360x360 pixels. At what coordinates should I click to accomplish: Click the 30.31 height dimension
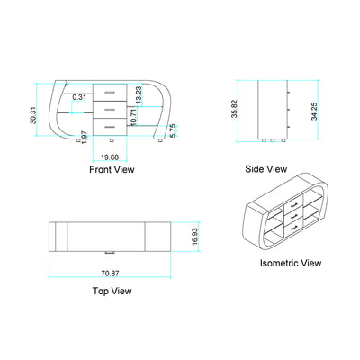click(33, 115)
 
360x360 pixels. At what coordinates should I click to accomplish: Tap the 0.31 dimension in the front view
click(79, 97)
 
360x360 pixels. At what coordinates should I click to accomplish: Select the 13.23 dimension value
click(139, 95)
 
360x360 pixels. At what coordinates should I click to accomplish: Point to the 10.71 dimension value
click(133, 117)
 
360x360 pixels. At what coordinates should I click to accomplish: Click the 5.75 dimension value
click(173, 131)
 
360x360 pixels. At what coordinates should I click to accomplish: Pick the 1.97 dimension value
click(85, 137)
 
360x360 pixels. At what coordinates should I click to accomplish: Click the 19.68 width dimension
click(110, 157)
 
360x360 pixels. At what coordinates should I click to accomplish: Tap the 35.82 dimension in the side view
click(235, 109)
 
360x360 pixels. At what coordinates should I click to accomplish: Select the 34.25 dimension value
click(314, 112)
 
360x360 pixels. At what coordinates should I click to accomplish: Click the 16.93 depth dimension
click(195, 237)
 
